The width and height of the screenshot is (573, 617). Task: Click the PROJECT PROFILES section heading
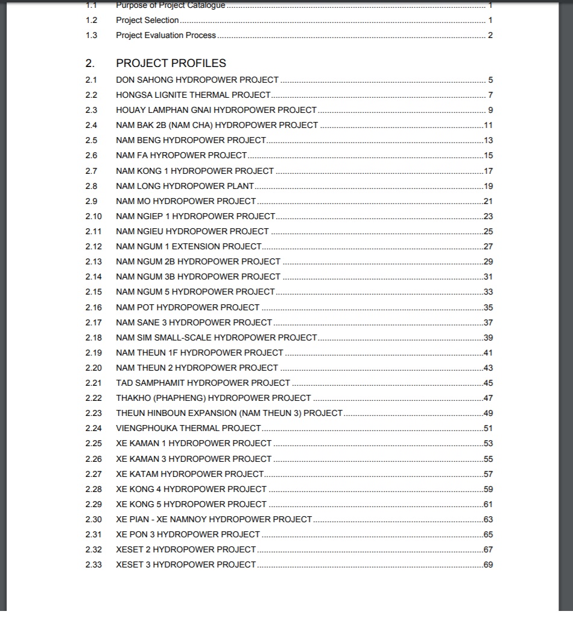171,63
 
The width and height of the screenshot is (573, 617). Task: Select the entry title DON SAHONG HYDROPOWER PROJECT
197,80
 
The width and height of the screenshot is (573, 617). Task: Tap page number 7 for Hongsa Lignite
490,95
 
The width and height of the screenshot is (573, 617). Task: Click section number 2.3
91,110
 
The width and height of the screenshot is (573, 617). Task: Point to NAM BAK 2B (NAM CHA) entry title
217,125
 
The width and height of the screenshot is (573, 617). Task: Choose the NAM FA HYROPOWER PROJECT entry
182,155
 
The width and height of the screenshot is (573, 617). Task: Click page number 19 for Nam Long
489,186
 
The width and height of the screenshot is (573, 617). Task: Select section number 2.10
93,216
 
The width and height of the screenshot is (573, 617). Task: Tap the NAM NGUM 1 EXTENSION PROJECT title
189,246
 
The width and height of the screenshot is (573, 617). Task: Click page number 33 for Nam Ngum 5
489,292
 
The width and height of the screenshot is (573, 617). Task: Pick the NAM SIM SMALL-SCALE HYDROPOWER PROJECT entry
216,337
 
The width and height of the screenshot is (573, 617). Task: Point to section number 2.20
93,368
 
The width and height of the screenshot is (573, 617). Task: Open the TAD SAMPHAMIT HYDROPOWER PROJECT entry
203,383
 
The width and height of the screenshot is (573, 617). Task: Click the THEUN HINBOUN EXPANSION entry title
229,413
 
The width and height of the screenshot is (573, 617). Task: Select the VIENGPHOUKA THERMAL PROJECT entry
188,428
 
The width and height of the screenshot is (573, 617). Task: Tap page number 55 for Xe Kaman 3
489,459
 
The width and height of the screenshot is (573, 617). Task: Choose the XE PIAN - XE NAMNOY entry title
214,519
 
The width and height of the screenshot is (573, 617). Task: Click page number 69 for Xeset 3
489,564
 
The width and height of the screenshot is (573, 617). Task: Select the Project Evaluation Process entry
166,35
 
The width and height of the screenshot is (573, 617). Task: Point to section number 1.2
91,20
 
